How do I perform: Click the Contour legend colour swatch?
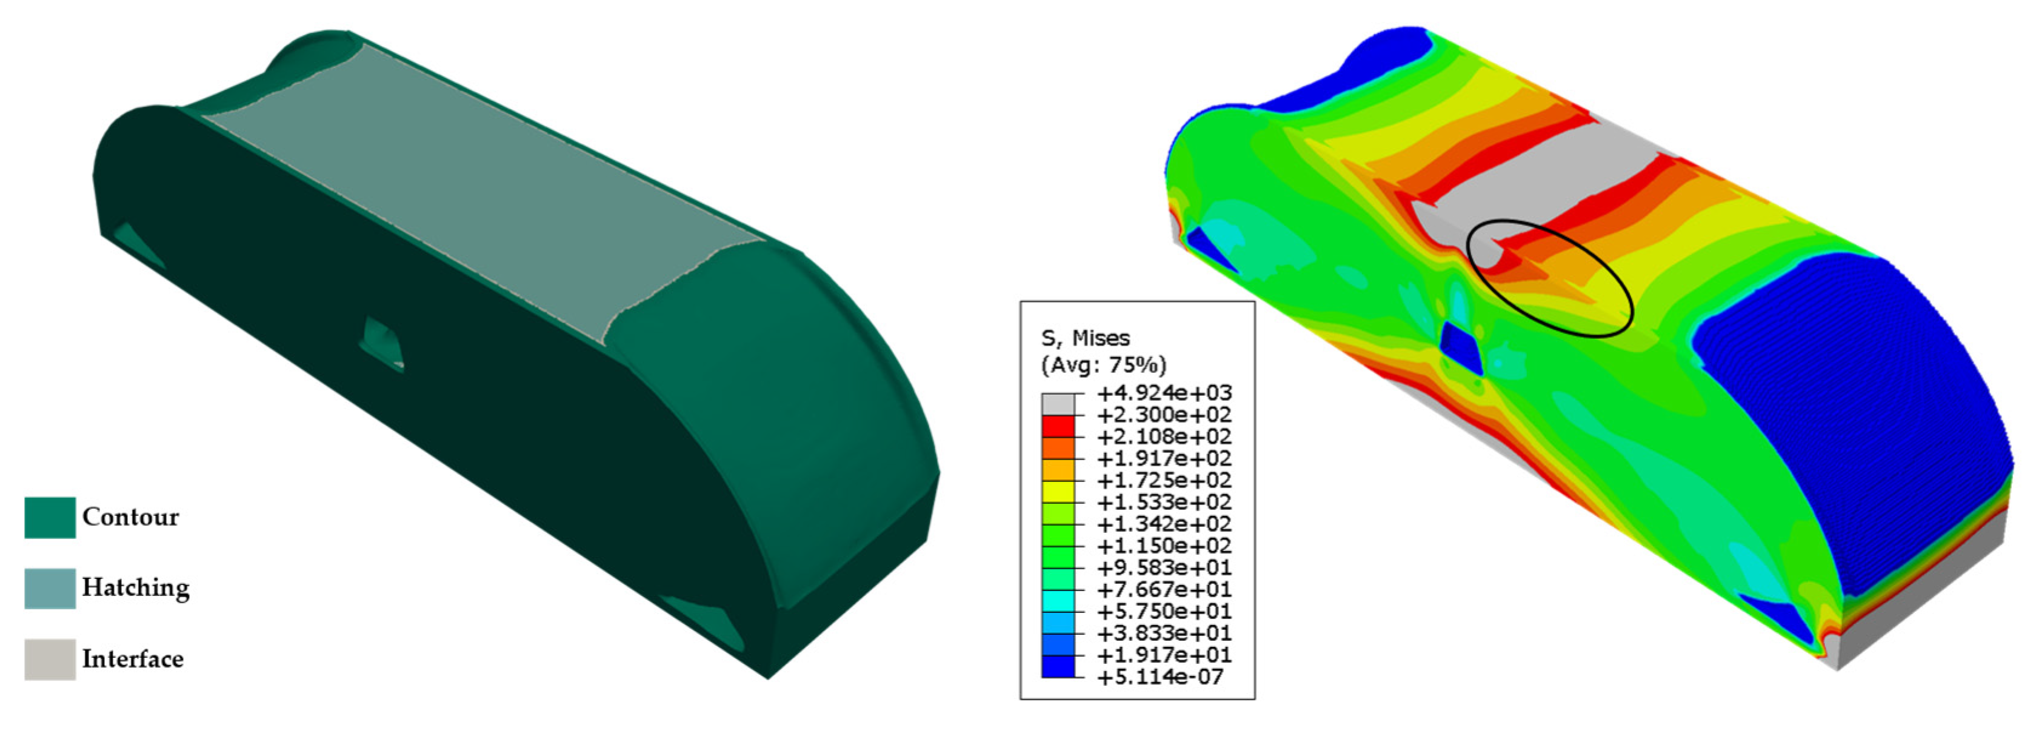pos(50,517)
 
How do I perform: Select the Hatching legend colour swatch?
pos(50,588)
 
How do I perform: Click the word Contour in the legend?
pos(130,517)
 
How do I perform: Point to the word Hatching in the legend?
pos(136,587)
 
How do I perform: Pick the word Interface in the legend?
pos(133,658)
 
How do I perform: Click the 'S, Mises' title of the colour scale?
pos(1085,338)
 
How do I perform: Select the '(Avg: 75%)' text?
pos(1103,365)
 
